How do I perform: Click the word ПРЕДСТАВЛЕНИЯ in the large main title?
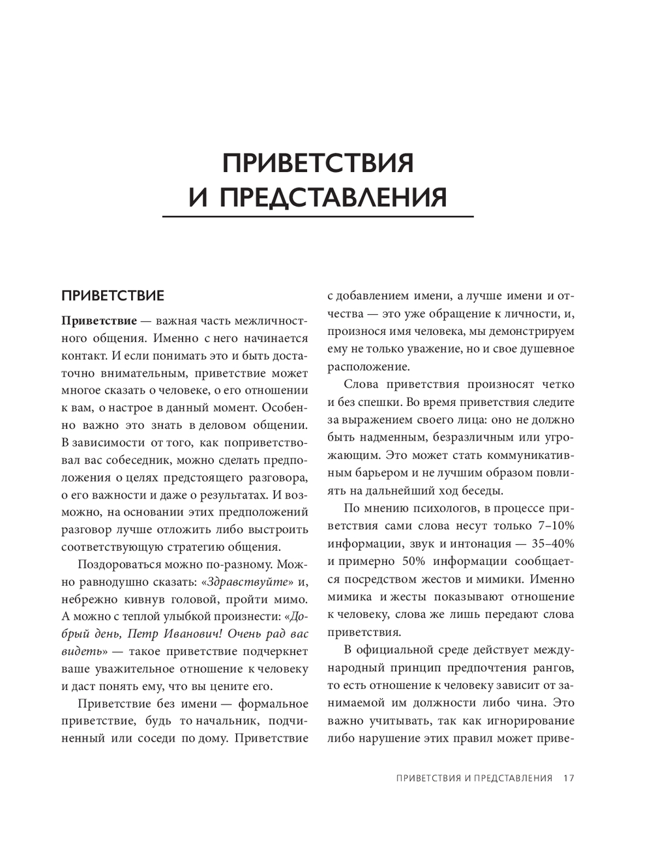(x=333, y=197)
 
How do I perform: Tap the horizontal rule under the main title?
(x=318, y=216)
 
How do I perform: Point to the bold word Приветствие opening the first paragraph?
(x=99, y=321)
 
